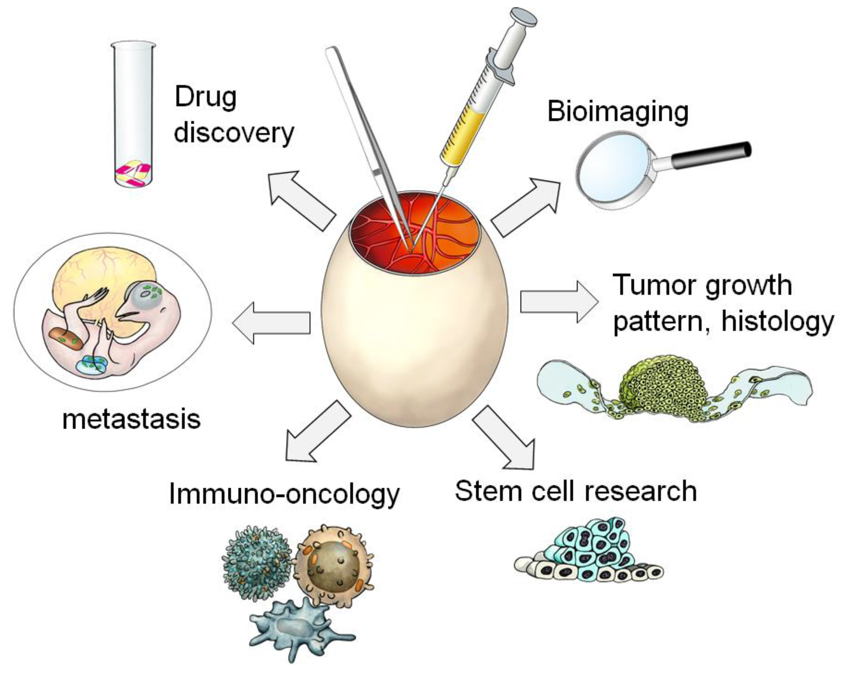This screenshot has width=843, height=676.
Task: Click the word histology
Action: [778, 322]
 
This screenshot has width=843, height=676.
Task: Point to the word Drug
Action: [206, 97]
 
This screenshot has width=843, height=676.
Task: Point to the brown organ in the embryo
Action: [66, 338]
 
